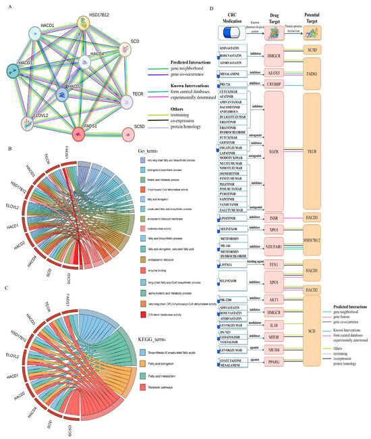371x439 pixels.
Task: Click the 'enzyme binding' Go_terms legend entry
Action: tap(158, 251)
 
